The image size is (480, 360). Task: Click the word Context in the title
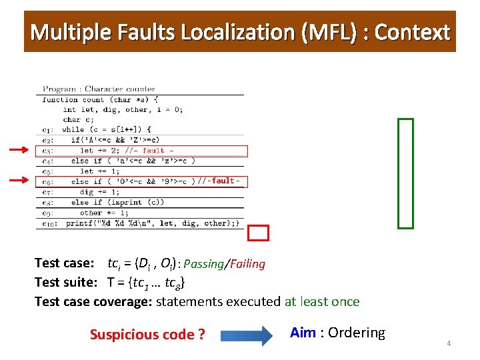pyautogui.click(x=413, y=32)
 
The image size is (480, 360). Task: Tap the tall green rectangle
pyautogui.click(x=405, y=173)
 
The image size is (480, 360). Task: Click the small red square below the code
pyautogui.click(x=258, y=233)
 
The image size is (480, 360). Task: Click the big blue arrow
pyautogui.click(x=248, y=334)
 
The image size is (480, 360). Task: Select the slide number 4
pyautogui.click(x=449, y=343)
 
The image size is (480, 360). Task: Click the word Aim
pyautogui.click(x=303, y=332)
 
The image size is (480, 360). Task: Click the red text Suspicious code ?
pyautogui.click(x=147, y=335)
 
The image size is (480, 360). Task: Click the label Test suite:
pyautogui.click(x=67, y=283)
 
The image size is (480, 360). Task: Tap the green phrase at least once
pyautogui.click(x=322, y=301)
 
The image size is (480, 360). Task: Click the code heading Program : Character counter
pyautogui.click(x=99, y=89)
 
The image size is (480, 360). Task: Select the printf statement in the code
pyautogui.click(x=153, y=223)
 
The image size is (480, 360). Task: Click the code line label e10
pyautogui.click(x=49, y=224)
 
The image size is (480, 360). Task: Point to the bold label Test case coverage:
pyautogui.click(x=93, y=301)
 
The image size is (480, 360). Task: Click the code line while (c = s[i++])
pyautogui.click(x=107, y=129)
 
